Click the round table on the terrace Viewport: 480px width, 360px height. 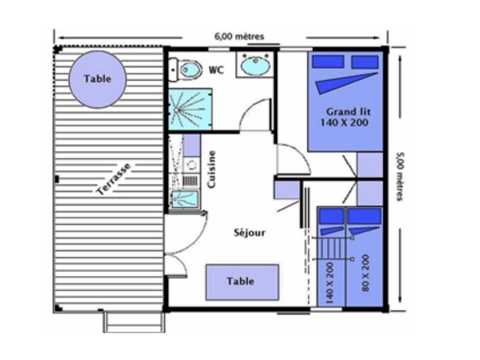[97, 79]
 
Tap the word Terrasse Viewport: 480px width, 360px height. [113, 179]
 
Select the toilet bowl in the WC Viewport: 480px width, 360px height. [190, 70]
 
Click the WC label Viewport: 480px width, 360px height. [216, 70]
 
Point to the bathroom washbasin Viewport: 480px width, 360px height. [255, 64]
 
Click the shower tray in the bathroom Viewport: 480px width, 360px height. [190, 109]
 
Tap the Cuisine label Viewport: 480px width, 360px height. [211, 169]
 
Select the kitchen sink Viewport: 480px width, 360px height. [184, 199]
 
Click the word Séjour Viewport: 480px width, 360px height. [249, 232]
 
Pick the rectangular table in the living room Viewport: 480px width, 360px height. [242, 282]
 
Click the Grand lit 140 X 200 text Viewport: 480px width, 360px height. [346, 117]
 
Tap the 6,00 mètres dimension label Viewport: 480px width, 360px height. [239, 36]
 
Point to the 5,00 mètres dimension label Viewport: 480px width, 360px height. [399, 176]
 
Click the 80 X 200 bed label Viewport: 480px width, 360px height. [365, 273]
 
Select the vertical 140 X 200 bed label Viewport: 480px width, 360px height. [329, 282]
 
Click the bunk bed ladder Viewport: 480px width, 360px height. [332, 248]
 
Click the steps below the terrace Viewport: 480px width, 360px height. [134, 322]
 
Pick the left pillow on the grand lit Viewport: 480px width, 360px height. [328, 61]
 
